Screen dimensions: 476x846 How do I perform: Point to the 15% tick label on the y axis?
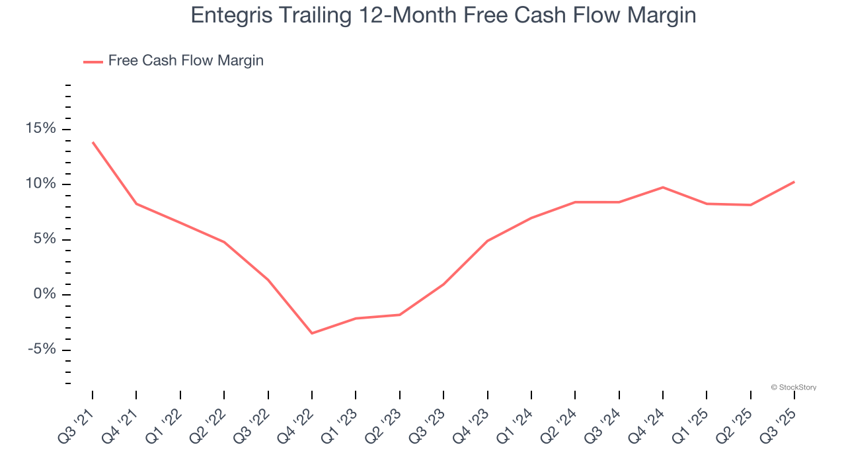click(x=41, y=128)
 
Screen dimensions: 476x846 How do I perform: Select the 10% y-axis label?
click(x=41, y=184)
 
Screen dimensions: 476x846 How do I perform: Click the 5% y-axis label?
click(x=44, y=239)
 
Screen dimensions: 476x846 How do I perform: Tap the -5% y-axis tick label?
click(x=42, y=350)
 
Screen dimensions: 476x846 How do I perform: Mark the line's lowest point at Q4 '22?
click(x=312, y=333)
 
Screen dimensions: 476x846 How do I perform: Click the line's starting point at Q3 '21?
click(x=93, y=142)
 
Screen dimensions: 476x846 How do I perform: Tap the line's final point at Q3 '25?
click(x=794, y=182)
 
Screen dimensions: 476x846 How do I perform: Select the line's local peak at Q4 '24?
click(x=662, y=187)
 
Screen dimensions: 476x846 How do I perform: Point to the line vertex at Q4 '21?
click(x=136, y=204)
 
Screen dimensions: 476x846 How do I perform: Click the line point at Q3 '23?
click(x=443, y=284)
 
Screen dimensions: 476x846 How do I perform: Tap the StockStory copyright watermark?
click(x=794, y=387)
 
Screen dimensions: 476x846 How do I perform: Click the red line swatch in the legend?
click(x=93, y=61)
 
